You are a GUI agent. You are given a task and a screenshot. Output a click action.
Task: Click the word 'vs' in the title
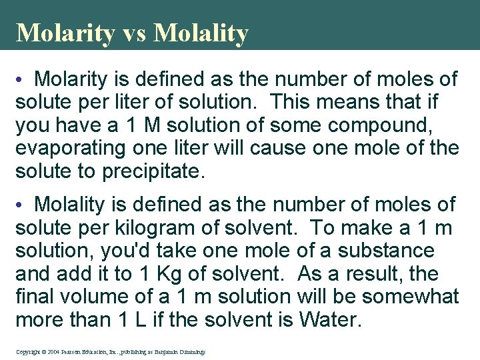(x=133, y=33)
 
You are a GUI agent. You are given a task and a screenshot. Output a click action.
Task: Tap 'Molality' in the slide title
(x=201, y=33)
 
